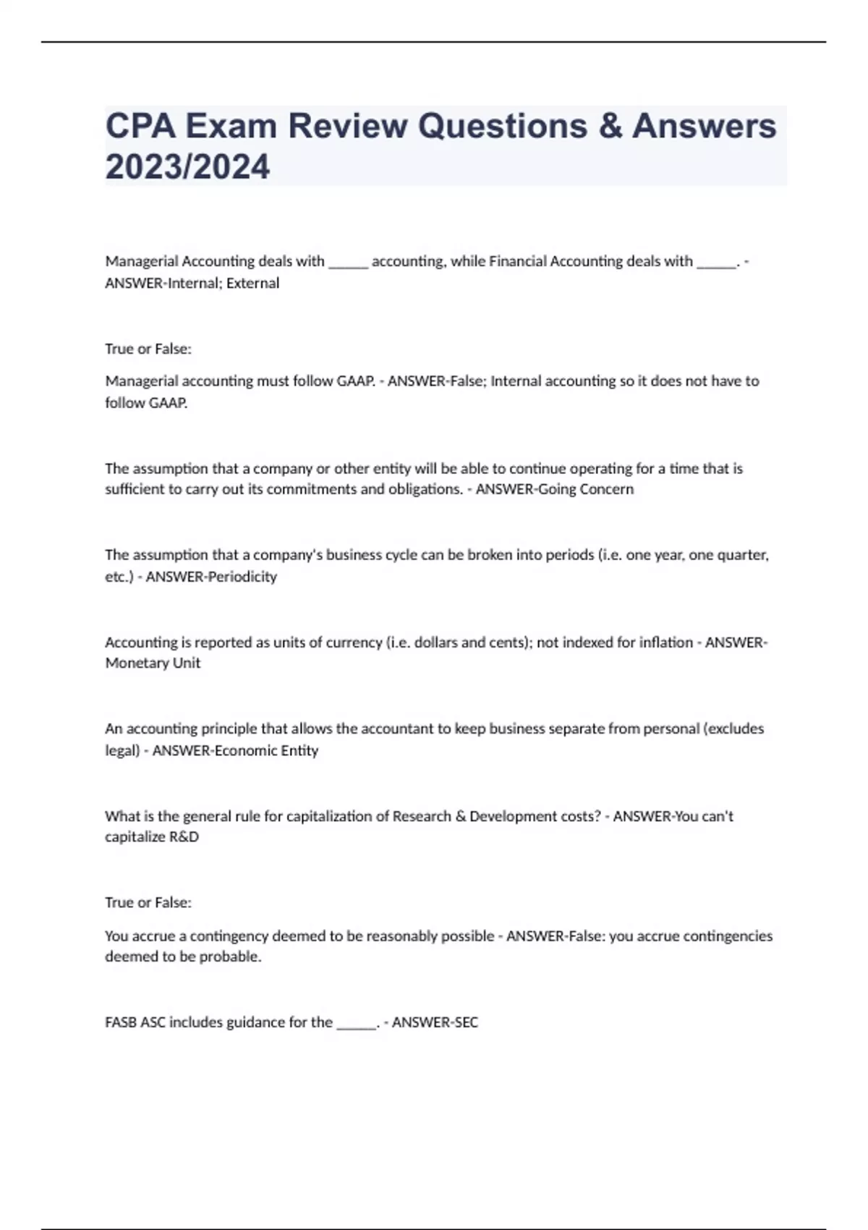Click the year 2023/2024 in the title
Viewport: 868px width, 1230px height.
[x=187, y=166]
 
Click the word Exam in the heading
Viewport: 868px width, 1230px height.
[x=231, y=126]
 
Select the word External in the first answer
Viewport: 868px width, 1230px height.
[x=252, y=283]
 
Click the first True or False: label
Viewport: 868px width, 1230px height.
[x=148, y=349]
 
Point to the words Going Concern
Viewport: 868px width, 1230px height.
[x=590, y=489]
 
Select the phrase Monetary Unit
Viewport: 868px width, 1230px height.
[x=153, y=663]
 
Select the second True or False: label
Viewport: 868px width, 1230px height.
[x=148, y=902]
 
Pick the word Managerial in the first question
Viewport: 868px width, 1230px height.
[x=141, y=261]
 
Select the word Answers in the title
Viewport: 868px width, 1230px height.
[x=705, y=126]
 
